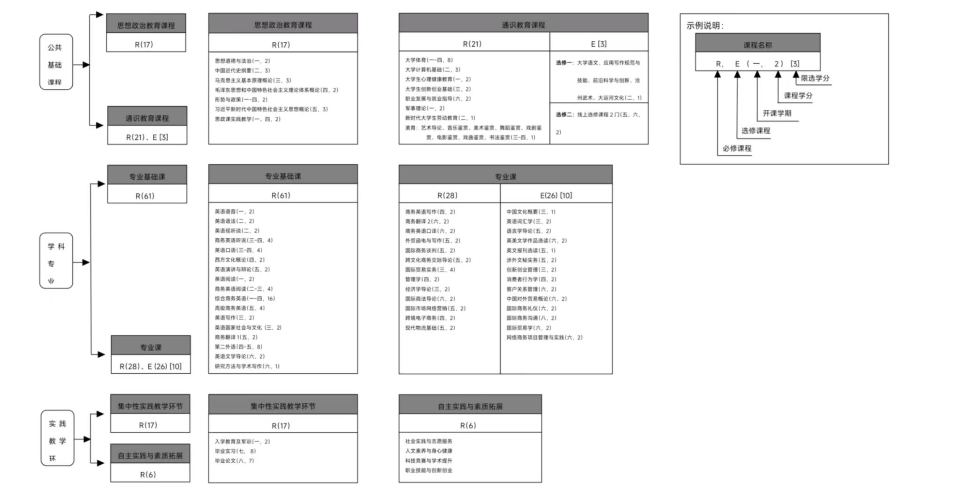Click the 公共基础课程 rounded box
56,62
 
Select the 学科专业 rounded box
56,261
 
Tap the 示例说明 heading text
705,26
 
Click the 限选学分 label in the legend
815,78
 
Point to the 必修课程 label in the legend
737,149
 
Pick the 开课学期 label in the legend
777,113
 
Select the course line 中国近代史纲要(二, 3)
243,70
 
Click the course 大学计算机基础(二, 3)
433,69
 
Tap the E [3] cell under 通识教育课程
598,44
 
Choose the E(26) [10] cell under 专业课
556,195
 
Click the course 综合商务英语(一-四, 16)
244,298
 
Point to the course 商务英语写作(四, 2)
430,212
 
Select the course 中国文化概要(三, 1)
531,212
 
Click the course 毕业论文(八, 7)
234,461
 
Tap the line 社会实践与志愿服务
429,441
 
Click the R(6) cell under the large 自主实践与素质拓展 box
468,425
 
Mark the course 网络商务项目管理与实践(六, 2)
544,337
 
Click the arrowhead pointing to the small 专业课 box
101,355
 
